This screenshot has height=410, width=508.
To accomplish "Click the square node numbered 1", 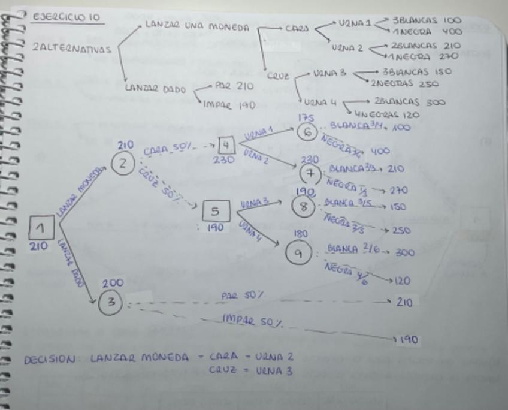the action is (41, 228).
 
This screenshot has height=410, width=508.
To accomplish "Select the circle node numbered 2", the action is (123, 163).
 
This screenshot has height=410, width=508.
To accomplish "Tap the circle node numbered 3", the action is (111, 303).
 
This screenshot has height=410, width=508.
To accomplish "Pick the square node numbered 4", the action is (226, 146).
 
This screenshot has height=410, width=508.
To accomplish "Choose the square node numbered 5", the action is (215, 212).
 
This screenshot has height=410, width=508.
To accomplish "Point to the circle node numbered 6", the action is (307, 132).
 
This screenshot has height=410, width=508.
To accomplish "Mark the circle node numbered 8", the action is (303, 206).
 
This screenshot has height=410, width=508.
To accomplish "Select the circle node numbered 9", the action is (298, 254).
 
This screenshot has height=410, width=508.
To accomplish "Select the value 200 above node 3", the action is (113, 283).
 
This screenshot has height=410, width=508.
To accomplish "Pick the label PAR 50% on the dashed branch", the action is (243, 296).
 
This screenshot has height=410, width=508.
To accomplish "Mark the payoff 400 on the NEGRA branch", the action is (380, 151).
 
